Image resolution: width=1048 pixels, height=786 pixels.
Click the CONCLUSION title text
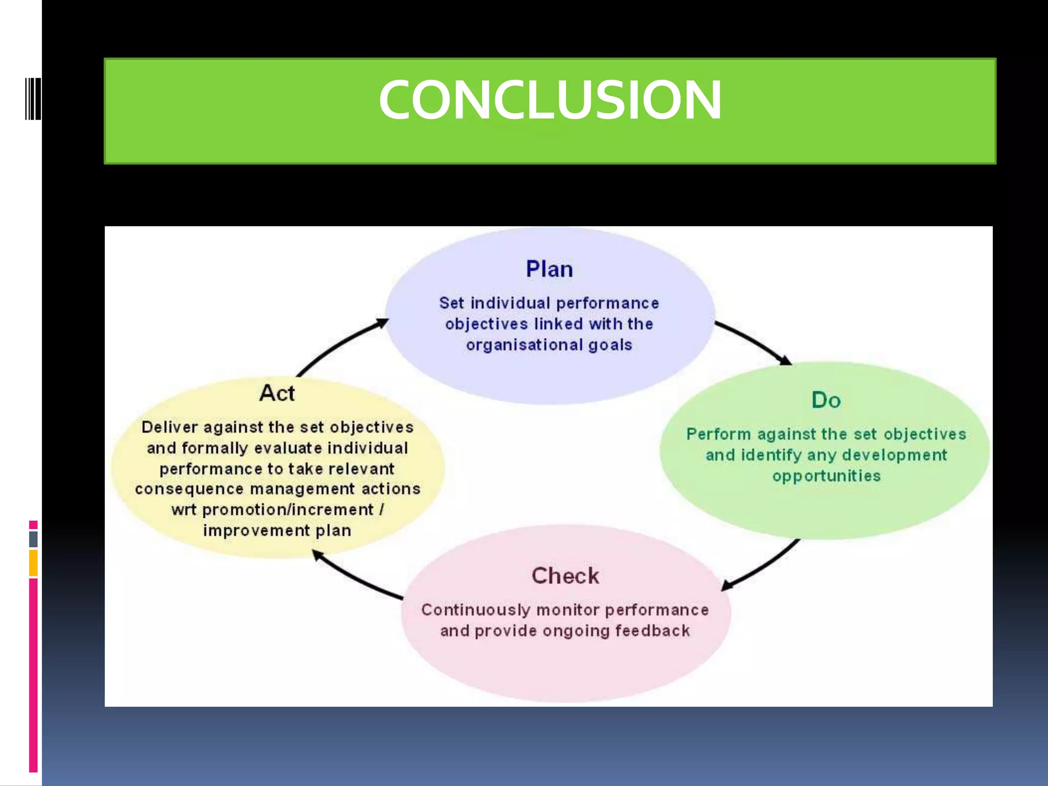click(x=550, y=100)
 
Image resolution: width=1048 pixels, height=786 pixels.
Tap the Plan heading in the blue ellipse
click(x=549, y=269)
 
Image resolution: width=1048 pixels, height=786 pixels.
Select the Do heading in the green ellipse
click(x=826, y=400)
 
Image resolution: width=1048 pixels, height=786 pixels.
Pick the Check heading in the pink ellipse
click(x=565, y=576)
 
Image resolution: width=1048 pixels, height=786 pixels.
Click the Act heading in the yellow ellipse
click(x=277, y=393)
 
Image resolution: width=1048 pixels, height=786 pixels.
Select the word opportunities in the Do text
click(x=826, y=476)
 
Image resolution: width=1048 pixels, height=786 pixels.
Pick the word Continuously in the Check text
click(x=475, y=610)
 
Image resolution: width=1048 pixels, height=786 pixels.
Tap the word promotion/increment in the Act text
click(x=288, y=510)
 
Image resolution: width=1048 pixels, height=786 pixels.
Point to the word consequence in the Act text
click(x=189, y=489)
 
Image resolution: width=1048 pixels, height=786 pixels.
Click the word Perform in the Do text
click(x=718, y=434)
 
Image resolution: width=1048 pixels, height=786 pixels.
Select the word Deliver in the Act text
click(x=169, y=427)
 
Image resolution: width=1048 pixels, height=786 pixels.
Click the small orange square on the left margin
click(x=33, y=563)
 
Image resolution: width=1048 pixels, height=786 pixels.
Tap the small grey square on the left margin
click(x=33, y=539)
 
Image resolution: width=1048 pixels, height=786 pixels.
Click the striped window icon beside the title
click(x=33, y=99)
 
